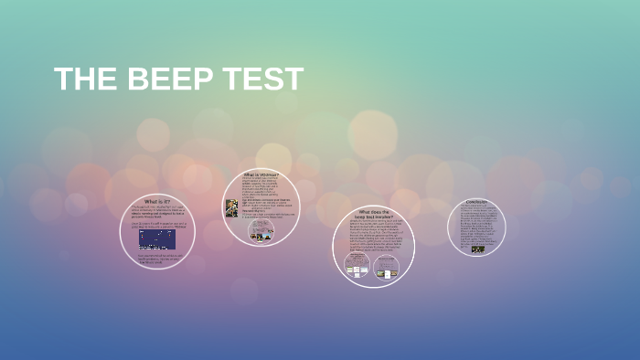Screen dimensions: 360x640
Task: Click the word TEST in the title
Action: pos(261,79)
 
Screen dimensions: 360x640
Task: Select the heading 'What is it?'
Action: pos(157,201)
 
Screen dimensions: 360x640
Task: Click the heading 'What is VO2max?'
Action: pos(261,174)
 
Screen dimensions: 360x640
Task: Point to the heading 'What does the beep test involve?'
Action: pos(373,214)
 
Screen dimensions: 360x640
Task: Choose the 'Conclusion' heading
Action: pos(476,202)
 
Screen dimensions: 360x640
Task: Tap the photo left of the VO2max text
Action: pos(232,208)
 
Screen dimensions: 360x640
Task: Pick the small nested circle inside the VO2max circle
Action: pos(261,232)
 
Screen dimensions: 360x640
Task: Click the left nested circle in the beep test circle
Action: pos(357,265)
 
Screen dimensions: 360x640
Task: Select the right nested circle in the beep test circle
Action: pos(387,266)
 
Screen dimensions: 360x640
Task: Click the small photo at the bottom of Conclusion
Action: pos(477,249)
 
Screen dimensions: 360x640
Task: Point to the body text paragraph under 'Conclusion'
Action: pos(476,225)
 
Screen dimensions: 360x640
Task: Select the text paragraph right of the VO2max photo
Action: pos(266,196)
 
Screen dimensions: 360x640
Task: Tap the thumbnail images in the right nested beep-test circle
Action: pos(387,271)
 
